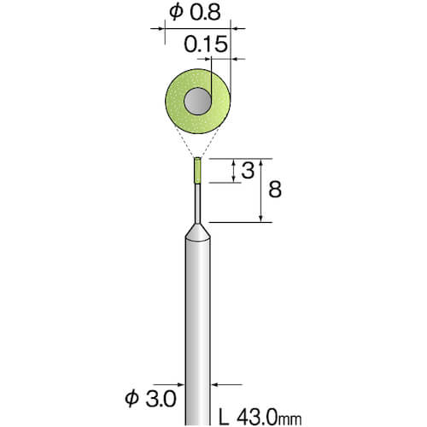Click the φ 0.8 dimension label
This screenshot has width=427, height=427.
coord(195,13)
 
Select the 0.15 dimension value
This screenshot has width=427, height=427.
coord(206,44)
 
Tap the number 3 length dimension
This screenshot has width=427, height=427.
coord(248,171)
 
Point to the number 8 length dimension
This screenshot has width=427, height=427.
coord(275,190)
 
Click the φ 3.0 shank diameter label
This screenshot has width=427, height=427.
coord(150,399)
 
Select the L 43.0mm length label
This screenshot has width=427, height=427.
coord(260,418)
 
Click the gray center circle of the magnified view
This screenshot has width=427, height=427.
coord(197,101)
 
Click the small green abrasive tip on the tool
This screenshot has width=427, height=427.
coord(197,171)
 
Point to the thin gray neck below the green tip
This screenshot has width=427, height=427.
coord(197,204)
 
